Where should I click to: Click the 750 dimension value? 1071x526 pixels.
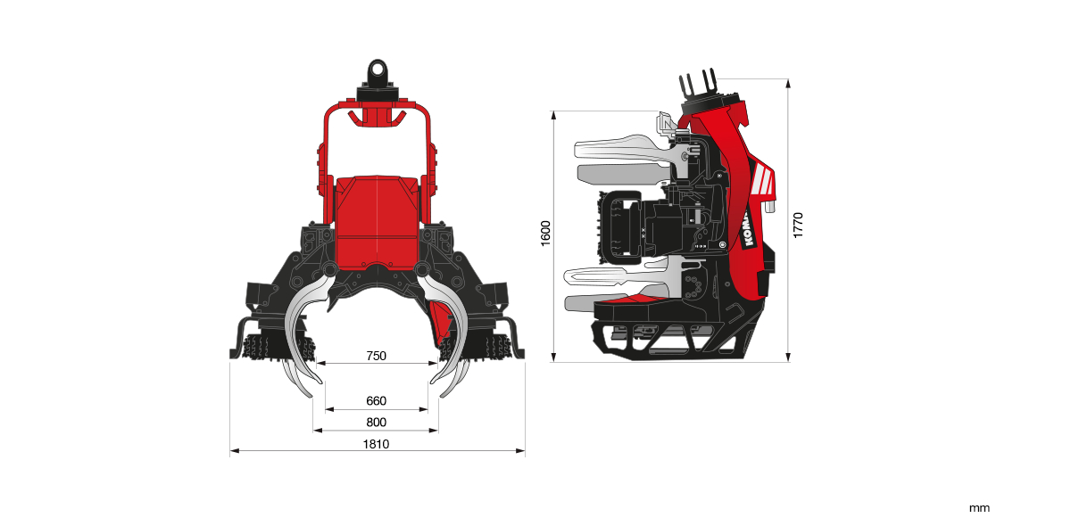click(376, 356)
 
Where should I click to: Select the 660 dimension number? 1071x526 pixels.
click(376, 401)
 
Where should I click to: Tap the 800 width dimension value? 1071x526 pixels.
click(376, 423)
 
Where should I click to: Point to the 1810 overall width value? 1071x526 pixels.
click(376, 444)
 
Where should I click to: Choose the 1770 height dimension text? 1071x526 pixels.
click(799, 224)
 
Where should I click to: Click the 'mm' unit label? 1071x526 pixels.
click(979, 508)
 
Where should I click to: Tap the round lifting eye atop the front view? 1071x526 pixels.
click(377, 69)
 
